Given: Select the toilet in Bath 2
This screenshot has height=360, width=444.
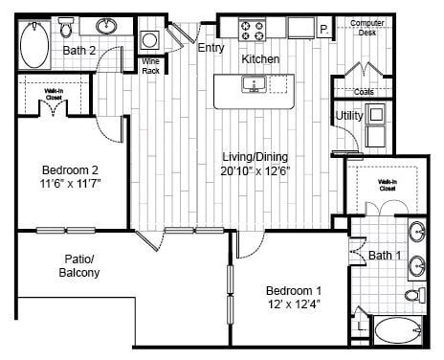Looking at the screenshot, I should [x=67, y=26].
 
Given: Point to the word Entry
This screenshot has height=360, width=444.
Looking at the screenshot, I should [x=211, y=47].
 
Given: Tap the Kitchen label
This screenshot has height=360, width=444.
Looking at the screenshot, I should [x=260, y=59].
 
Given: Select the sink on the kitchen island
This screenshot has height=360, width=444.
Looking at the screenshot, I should [x=255, y=85].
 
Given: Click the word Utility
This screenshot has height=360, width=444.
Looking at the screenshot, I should [x=347, y=117].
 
